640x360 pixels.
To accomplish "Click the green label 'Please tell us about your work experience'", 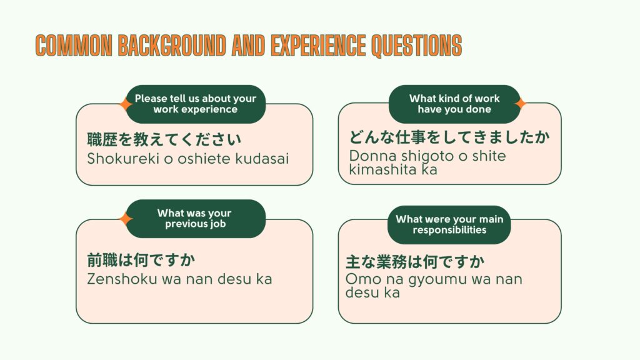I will pos(196,104).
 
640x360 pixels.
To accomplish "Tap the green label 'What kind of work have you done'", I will pos(454,104).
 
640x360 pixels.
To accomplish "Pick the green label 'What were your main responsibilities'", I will pos(449,224).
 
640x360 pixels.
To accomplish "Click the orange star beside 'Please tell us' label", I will pos(126,104).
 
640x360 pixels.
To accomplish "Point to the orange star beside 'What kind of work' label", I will pos(520,103).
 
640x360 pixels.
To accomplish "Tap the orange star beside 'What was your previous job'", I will pos(126,219).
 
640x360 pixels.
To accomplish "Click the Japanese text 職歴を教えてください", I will pos(164,139).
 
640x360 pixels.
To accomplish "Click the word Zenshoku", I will pos(122,279).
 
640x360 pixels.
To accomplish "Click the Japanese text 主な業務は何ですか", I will pos(415,261).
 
